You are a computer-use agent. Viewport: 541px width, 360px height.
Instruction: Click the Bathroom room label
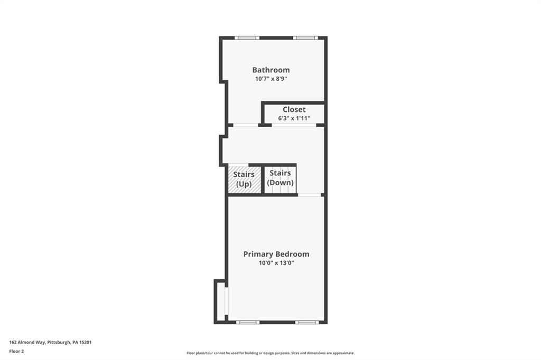pyautogui.click(x=270, y=70)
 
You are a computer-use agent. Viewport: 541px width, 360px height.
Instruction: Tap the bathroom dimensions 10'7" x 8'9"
pyautogui.click(x=270, y=79)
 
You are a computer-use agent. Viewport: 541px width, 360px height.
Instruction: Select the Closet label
pyautogui.click(x=294, y=109)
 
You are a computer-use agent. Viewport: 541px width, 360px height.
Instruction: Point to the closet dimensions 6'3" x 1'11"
pyautogui.click(x=294, y=118)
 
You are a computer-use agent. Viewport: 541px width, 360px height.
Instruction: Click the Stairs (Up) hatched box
pyautogui.click(x=244, y=179)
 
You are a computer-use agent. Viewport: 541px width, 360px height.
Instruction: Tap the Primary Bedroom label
pyautogui.click(x=276, y=254)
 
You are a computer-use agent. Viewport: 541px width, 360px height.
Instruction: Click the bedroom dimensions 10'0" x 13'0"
pyautogui.click(x=276, y=263)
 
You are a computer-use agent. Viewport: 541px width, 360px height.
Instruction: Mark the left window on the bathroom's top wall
pyautogui.click(x=247, y=38)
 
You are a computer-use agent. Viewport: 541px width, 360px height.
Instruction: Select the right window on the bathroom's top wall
pyautogui.click(x=305, y=38)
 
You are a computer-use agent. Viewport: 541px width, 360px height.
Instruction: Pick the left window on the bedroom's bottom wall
pyautogui.click(x=247, y=322)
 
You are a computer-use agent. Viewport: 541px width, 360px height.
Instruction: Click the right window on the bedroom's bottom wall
pyautogui.click(x=306, y=322)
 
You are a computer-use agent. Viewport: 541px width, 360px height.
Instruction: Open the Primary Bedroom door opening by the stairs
pyautogui.click(x=310, y=195)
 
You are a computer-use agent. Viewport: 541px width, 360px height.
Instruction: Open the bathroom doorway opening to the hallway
pyautogui.click(x=246, y=125)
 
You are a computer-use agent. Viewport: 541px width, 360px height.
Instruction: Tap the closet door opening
pyautogui.click(x=294, y=125)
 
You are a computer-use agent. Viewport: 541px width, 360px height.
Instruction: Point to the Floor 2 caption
pyautogui.click(x=16, y=351)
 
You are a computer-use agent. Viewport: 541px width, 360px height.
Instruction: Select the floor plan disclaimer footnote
pyautogui.click(x=270, y=353)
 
